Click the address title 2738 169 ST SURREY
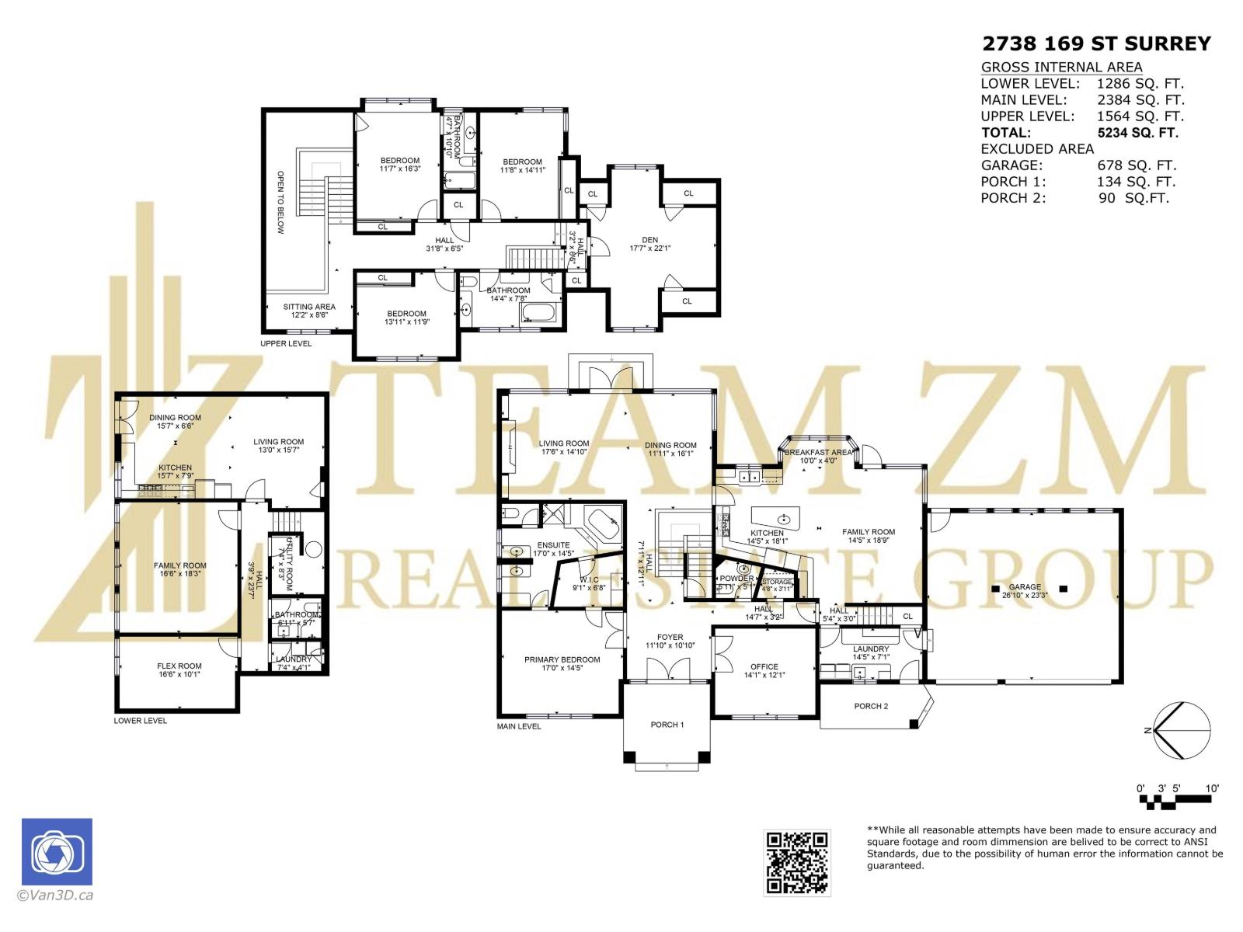tap(1096, 43)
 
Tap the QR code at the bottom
tap(797, 861)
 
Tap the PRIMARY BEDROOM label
tap(562, 659)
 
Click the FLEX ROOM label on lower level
tap(179, 666)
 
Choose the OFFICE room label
tap(764, 666)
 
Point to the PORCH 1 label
tap(667, 725)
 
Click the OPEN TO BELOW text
tap(280, 203)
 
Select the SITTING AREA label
tap(309, 307)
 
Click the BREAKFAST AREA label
tap(818, 452)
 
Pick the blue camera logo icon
tap(57, 852)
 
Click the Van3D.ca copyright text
tap(55, 895)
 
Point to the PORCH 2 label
tap(870, 706)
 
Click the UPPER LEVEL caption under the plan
tap(286, 343)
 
